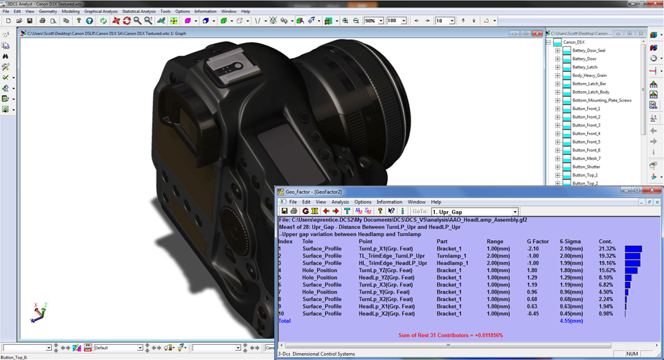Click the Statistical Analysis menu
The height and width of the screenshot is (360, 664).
pos(138,12)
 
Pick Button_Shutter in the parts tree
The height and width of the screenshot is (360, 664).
pos(586,167)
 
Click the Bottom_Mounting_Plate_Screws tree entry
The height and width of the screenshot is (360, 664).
pos(602,100)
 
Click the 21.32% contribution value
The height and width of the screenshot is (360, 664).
pos(608,249)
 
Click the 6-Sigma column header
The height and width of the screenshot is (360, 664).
pos(569,242)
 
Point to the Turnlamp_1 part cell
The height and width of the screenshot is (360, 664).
pos(453,256)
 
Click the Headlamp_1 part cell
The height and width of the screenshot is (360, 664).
pos(453,263)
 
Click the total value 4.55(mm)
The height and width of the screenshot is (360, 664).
pos(571,321)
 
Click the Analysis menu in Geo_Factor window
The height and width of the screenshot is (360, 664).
pos(340,202)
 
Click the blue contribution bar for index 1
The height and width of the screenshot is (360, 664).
pos(633,249)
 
